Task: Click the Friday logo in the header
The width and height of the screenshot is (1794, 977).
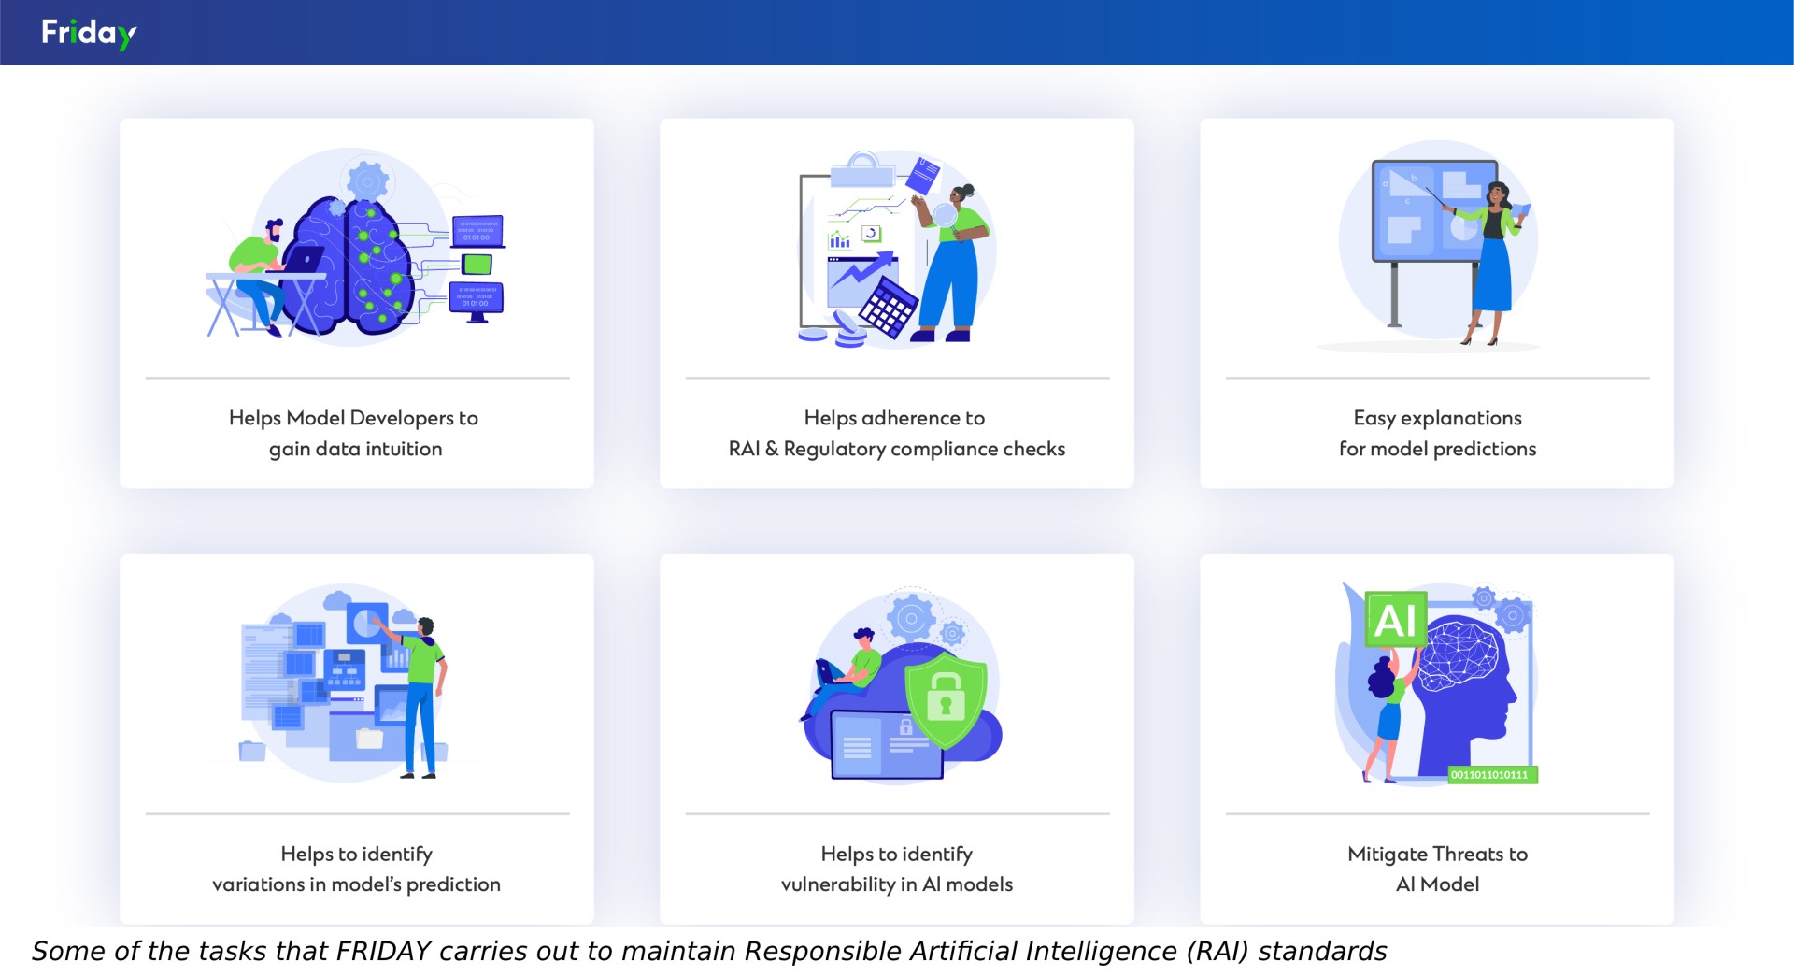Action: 89,34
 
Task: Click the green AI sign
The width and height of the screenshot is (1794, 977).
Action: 1396,619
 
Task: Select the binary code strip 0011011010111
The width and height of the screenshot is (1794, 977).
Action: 1492,774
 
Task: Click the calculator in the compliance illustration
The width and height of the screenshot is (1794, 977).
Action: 888,307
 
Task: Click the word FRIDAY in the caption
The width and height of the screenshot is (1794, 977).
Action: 383,951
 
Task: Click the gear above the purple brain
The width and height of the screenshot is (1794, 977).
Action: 367,180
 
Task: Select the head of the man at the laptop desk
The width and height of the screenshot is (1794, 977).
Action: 273,230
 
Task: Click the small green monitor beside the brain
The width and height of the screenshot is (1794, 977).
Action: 477,265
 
